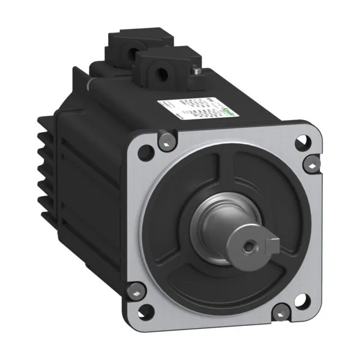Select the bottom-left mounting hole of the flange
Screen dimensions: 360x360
[x=145, y=312]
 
